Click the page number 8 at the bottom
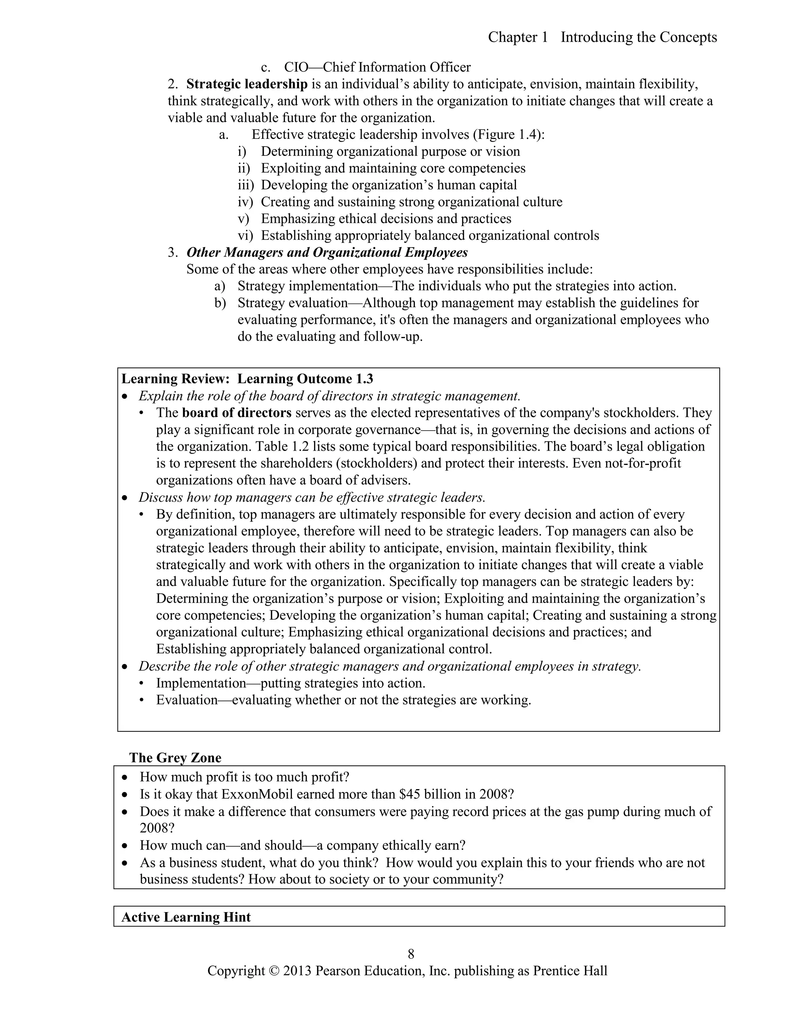pyautogui.click(x=411, y=954)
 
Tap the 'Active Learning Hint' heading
pyautogui.click(x=186, y=917)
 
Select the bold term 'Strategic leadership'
pyautogui.click(x=247, y=84)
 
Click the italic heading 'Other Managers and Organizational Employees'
pyautogui.click(x=327, y=253)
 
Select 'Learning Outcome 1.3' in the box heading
pyautogui.click(x=305, y=379)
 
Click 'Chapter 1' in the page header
pyautogui.click(x=517, y=37)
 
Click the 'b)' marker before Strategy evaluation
pyautogui.click(x=220, y=303)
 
